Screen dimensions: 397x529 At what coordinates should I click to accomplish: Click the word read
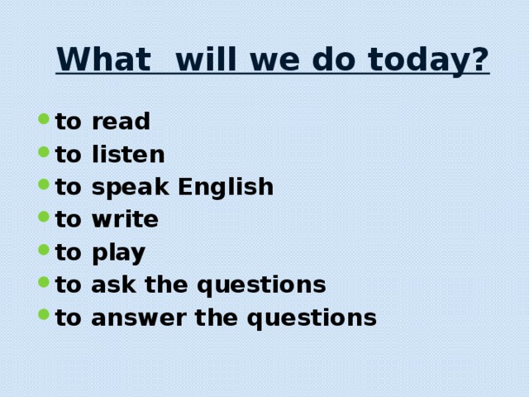121,122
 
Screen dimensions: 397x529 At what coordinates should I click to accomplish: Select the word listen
128,155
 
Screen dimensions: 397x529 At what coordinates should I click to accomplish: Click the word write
125,220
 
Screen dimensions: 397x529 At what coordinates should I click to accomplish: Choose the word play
118,252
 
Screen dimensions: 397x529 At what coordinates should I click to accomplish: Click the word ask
110,285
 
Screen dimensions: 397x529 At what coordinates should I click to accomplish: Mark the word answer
133,318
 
